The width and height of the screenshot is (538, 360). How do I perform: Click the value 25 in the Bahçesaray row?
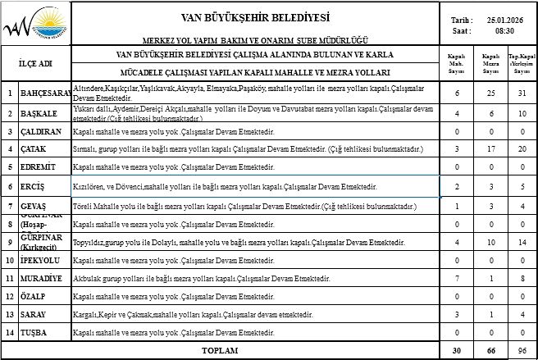click(x=490, y=93)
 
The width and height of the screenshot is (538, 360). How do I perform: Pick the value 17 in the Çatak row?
click(x=490, y=149)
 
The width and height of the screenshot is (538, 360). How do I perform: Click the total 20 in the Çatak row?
click(x=521, y=149)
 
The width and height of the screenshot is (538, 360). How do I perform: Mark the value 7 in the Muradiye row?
click(x=456, y=278)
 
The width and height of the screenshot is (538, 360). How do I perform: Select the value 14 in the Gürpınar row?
click(x=521, y=242)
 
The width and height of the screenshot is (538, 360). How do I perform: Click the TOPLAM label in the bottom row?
click(x=219, y=350)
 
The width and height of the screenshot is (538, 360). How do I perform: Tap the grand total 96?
click(x=521, y=351)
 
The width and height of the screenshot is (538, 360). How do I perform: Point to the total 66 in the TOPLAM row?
click(x=490, y=351)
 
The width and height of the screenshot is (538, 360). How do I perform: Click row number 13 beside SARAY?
click(x=9, y=314)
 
